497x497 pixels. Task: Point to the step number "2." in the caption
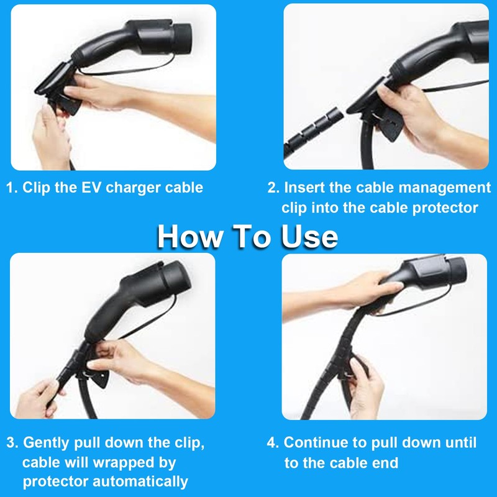point(274,188)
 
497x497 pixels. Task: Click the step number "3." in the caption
point(13,443)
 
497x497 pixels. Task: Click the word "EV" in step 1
point(93,188)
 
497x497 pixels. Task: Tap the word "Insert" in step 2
point(305,188)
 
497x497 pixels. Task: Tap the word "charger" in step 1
point(132,188)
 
